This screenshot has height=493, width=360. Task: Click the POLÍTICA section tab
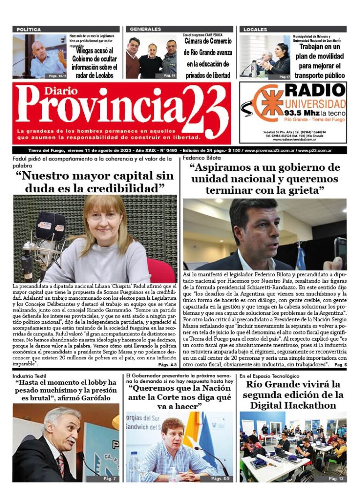[x=29, y=29]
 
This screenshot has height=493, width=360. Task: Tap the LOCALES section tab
[x=255, y=29]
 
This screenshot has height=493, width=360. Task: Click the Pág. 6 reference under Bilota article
[x=341, y=364]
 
